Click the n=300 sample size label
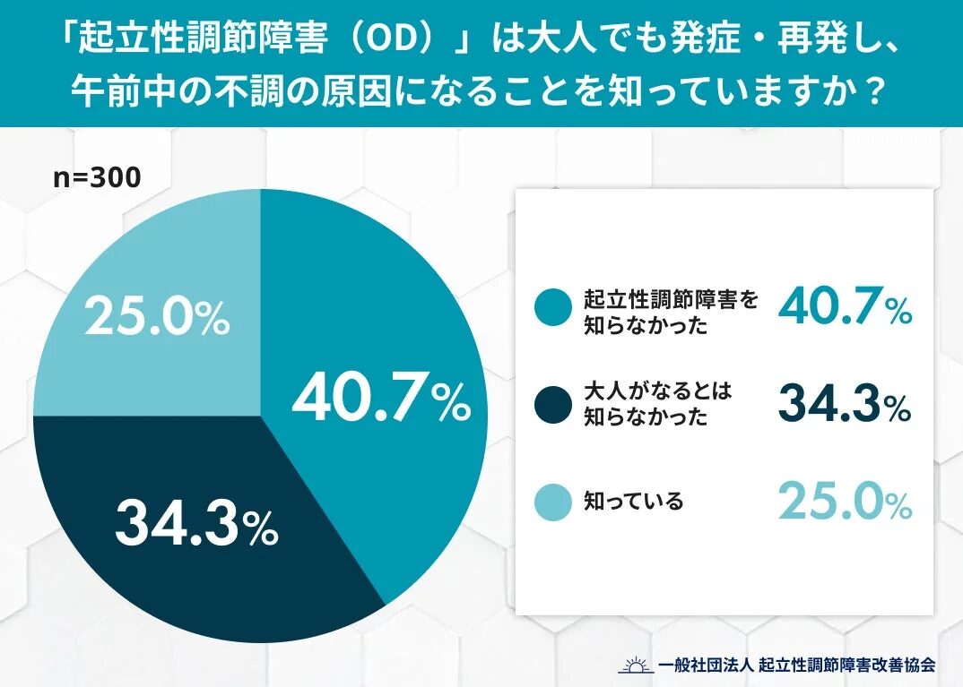click(x=97, y=177)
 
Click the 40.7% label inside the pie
click(x=381, y=399)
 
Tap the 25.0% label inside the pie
click(x=157, y=319)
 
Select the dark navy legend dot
click(x=552, y=406)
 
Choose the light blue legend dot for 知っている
click(x=552, y=502)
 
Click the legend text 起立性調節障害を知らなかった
click(x=671, y=312)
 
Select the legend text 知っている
click(x=633, y=502)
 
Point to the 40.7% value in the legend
click(x=844, y=307)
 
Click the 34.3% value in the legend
click(x=844, y=404)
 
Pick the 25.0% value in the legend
click(x=844, y=502)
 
